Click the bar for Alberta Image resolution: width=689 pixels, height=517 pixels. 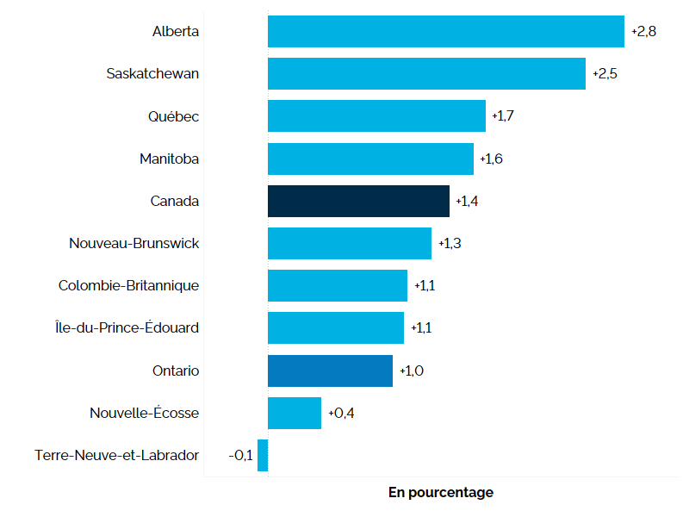(445, 31)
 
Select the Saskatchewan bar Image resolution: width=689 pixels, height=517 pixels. (426, 73)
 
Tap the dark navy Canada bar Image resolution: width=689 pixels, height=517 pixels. (358, 201)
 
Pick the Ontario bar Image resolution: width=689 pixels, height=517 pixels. (330, 371)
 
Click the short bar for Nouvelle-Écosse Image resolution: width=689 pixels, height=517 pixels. (295, 413)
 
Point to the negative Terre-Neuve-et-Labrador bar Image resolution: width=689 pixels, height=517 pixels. (263, 455)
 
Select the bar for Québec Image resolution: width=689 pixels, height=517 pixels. (376, 115)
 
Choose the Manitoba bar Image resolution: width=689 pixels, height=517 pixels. (370, 159)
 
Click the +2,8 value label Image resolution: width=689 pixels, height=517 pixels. (643, 31)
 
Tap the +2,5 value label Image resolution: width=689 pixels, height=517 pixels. (605, 73)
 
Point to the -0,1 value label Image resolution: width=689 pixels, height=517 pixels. (241, 455)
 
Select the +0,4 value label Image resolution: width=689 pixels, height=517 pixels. (341, 413)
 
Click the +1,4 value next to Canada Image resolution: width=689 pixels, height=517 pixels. (467, 201)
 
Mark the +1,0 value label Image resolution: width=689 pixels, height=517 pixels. (412, 371)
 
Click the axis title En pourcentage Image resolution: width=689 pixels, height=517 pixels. (441, 493)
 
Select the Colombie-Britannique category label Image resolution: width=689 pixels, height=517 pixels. (129, 285)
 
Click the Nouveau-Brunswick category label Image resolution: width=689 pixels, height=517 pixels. (134, 243)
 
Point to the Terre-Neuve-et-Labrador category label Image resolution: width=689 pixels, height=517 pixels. (117, 455)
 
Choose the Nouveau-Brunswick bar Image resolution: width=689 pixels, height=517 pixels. (350, 243)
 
